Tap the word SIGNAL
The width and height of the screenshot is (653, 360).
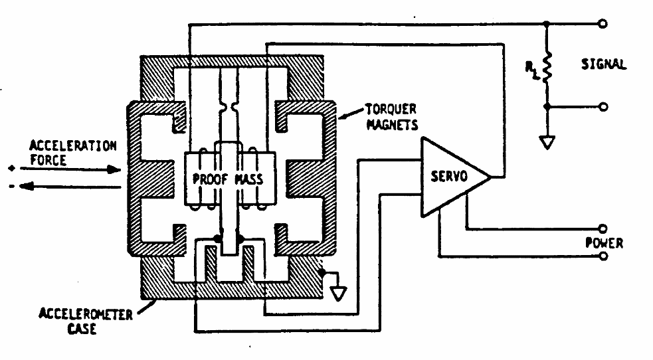[x=603, y=64]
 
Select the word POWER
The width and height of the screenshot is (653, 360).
[x=604, y=242]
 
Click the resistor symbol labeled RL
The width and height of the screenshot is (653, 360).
[x=547, y=66]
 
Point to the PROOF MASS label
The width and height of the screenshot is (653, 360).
[x=228, y=179]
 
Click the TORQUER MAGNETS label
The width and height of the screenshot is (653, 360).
[x=391, y=117]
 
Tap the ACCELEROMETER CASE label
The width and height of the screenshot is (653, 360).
[x=86, y=321]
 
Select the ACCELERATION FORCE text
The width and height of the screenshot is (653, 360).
[x=72, y=153]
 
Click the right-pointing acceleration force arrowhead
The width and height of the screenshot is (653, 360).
[x=113, y=169]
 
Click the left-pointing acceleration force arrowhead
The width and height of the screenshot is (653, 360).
[x=27, y=187]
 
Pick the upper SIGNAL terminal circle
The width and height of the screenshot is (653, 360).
[x=603, y=24]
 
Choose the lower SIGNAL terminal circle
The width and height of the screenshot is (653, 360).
[x=603, y=107]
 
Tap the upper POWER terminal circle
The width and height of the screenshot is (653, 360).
[x=603, y=228]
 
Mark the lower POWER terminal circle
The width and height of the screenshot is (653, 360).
[x=603, y=256]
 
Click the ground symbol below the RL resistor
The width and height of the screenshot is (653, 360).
[x=547, y=142]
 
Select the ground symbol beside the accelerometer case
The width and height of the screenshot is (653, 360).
[x=338, y=294]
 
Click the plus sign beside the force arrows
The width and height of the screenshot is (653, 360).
[x=12, y=168]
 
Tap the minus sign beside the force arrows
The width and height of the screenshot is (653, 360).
[x=12, y=187]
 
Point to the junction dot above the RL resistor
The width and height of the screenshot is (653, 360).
[x=547, y=24]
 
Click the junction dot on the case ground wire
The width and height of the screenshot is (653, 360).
[x=322, y=272]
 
